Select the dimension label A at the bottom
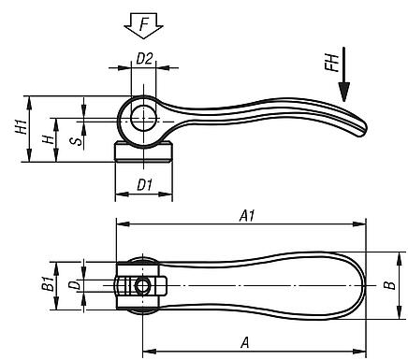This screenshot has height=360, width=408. (x=245, y=342)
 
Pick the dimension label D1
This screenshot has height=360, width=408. (x=144, y=184)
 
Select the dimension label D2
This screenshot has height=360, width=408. (x=144, y=58)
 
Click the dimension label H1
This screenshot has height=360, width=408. (x=22, y=129)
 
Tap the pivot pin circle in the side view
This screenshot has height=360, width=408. (x=143, y=118)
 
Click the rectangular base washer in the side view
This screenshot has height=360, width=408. (x=143, y=152)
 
